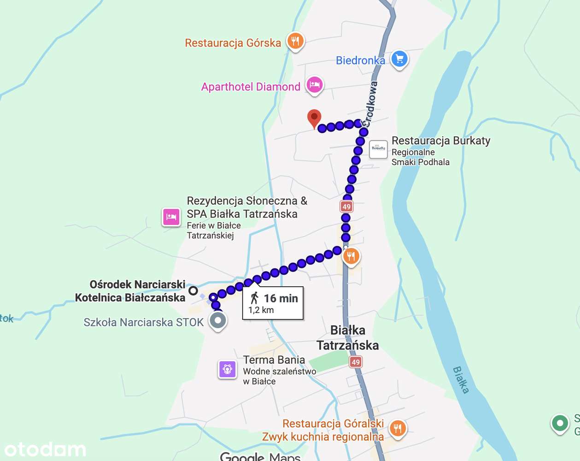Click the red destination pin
point(314,118)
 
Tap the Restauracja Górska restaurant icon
point(295,41)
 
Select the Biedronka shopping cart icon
point(399,59)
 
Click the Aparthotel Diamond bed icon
point(315,84)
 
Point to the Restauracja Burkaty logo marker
point(378,149)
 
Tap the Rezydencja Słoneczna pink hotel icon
point(171,217)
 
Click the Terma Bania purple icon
point(227,369)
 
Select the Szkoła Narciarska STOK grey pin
point(218,320)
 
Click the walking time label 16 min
point(281,298)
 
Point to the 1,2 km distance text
point(261,310)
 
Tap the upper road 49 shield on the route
point(346,207)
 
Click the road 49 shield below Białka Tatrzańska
point(355,362)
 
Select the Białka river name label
point(461,380)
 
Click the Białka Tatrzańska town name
point(348,338)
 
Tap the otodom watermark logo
point(45,449)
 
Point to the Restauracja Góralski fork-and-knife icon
point(398,428)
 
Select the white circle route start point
point(193,290)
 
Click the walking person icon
point(254,298)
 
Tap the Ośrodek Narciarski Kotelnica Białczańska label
point(130,291)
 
